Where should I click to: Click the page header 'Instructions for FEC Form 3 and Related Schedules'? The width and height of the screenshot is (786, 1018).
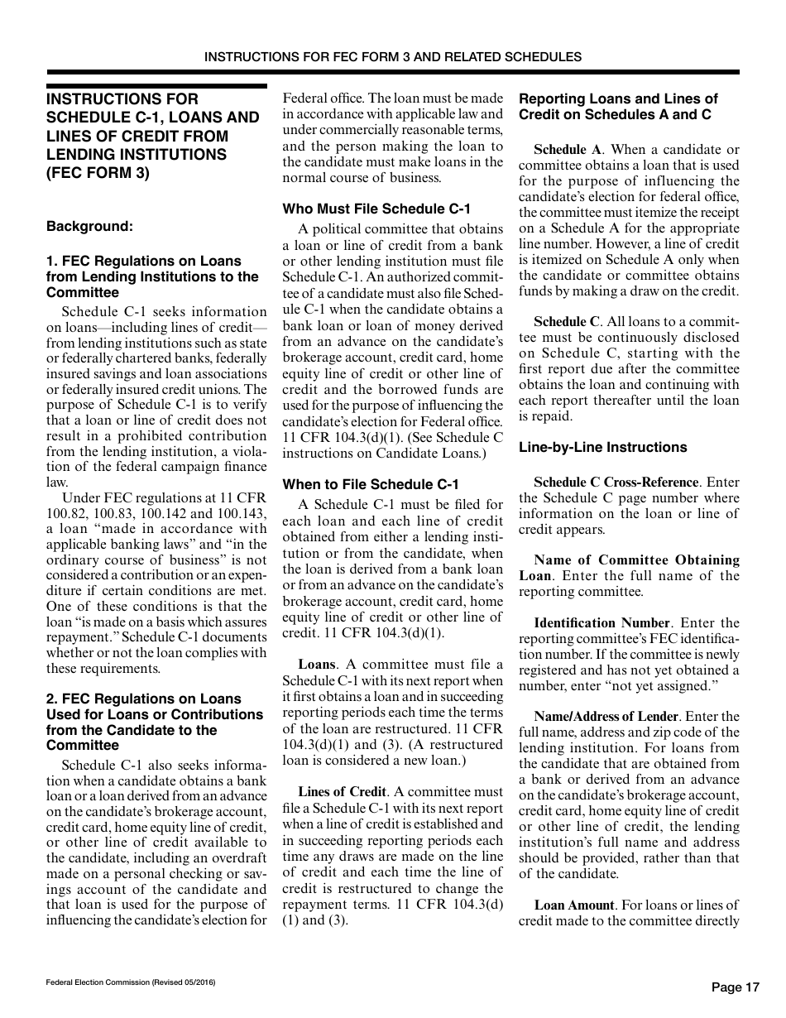(392, 57)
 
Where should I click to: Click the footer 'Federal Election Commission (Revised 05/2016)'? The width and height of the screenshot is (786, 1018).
(131, 982)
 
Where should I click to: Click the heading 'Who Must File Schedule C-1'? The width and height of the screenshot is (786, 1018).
(376, 209)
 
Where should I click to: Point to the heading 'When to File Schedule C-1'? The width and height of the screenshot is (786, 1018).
(370, 484)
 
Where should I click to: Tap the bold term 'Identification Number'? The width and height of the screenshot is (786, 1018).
(601, 622)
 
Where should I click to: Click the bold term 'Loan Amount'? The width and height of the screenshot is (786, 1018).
(574, 905)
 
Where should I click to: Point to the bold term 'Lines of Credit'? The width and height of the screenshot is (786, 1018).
(342, 792)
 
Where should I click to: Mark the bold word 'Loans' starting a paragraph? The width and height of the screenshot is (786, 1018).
(316, 664)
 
